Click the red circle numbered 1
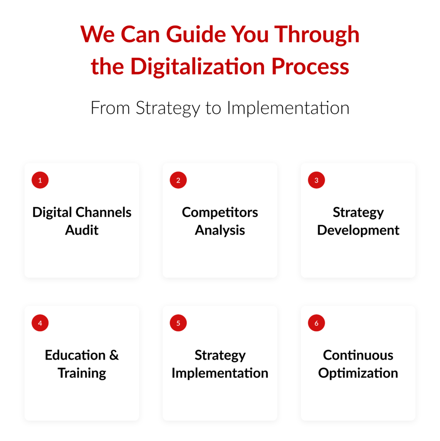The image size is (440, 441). click(x=40, y=180)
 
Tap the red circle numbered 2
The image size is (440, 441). click(x=178, y=180)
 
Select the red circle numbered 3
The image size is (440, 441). click(x=316, y=180)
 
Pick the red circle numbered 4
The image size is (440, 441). click(x=40, y=323)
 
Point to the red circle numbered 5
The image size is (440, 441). click(x=178, y=323)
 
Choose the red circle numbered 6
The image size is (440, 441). click(x=316, y=323)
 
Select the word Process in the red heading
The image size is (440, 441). click(x=310, y=67)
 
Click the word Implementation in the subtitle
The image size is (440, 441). click(x=288, y=108)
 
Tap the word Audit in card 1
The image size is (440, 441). click(x=82, y=230)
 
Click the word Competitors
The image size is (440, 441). click(x=220, y=212)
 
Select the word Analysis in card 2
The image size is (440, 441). click(x=220, y=230)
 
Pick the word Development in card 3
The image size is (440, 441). click(x=358, y=230)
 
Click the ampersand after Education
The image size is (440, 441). click(x=114, y=355)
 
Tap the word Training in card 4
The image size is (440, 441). click(x=82, y=373)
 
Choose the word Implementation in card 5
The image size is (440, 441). click(x=220, y=373)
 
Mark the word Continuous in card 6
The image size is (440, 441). click(x=358, y=355)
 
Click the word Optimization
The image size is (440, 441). click(x=358, y=373)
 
